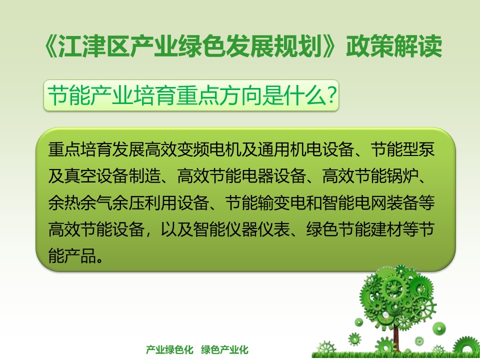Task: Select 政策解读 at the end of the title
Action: point(394,46)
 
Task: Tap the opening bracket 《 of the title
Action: point(50,46)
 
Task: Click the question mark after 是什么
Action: point(331,95)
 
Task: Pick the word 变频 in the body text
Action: point(193,149)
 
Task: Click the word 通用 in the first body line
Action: point(273,149)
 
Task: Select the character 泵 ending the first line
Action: point(426,149)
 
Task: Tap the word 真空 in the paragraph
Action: point(80,176)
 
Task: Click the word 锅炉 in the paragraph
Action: point(402,176)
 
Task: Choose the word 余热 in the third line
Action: point(64,203)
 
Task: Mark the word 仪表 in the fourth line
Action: point(273,229)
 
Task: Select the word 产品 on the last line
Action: point(80,256)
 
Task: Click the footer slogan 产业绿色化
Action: point(169,349)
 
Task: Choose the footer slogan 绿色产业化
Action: point(224,349)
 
